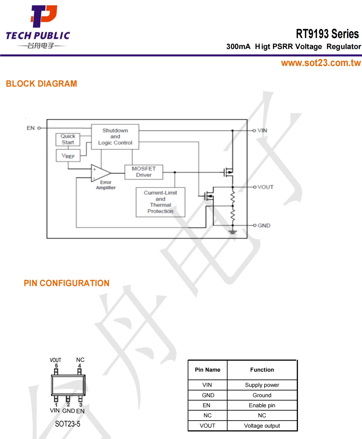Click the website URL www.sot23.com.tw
click(x=321, y=63)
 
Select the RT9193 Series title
click(x=327, y=34)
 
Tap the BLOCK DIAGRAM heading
click(x=41, y=84)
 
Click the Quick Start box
click(x=68, y=139)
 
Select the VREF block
click(x=68, y=156)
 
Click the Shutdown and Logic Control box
click(x=115, y=137)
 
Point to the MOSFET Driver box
click(x=144, y=172)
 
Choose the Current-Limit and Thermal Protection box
click(x=161, y=202)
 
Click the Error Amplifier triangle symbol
click(x=100, y=173)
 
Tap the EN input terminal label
click(x=31, y=128)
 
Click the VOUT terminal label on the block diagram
click(x=265, y=187)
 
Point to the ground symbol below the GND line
click(x=233, y=232)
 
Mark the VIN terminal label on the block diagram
click(x=262, y=130)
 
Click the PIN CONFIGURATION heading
click(x=67, y=283)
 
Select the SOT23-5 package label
click(x=68, y=424)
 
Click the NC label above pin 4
click(x=80, y=360)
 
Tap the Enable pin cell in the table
click(x=262, y=405)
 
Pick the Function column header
click(x=262, y=370)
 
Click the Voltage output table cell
click(x=262, y=426)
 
